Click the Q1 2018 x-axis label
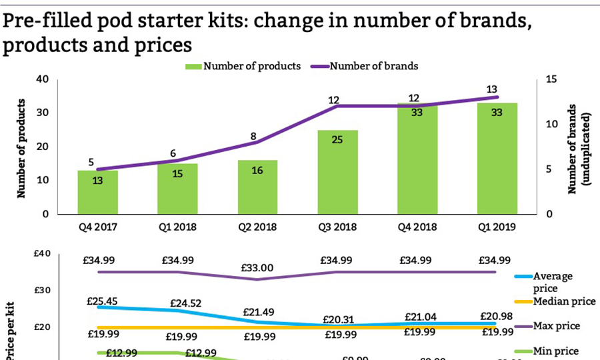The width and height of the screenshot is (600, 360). [x=177, y=227]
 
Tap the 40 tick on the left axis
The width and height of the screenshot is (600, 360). [x=43, y=79]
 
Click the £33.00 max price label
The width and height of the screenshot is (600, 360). [x=257, y=268]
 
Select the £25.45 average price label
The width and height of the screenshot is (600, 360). [x=101, y=301]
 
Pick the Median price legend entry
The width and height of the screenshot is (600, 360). [x=564, y=301]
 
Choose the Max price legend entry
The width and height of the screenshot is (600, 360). [x=556, y=326]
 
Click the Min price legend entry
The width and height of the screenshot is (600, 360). [x=555, y=351]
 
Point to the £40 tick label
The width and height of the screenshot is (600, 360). [x=41, y=253]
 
